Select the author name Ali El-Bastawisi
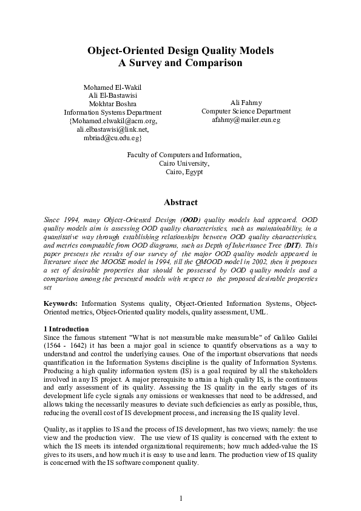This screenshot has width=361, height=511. click(x=112, y=96)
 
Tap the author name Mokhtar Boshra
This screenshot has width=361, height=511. click(x=112, y=104)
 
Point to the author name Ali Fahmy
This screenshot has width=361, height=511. click(x=246, y=103)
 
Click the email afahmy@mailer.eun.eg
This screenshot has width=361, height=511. click(x=246, y=120)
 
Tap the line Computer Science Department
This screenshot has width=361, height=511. click(x=246, y=112)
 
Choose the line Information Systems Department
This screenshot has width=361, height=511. click(x=112, y=112)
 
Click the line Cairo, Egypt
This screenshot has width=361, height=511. click(x=184, y=172)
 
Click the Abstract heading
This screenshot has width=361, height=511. click(x=181, y=203)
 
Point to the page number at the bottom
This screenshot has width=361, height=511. click(x=181, y=498)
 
